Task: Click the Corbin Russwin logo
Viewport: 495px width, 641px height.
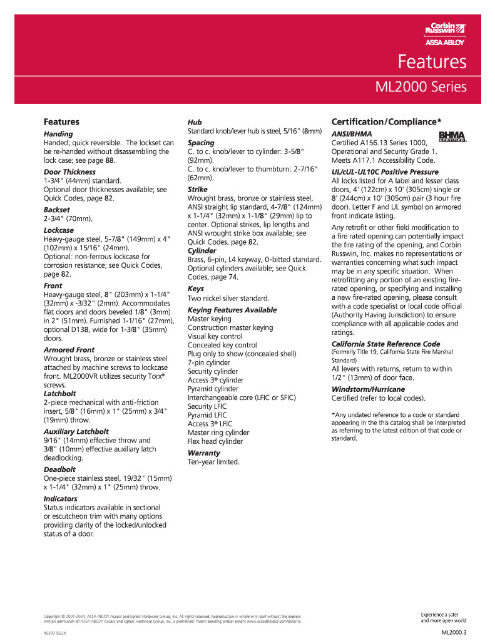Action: [445, 28]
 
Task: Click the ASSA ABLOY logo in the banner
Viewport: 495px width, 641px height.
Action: [446, 43]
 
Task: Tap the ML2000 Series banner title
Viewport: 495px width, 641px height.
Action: [421, 86]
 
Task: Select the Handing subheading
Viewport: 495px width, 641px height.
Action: [58, 134]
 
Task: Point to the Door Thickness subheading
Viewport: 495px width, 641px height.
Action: [69, 172]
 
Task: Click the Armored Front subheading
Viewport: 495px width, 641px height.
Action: [69, 349]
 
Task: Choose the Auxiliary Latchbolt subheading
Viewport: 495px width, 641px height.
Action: [76, 431]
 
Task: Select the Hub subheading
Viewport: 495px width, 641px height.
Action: [195, 122]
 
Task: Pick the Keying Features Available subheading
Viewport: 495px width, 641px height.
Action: [232, 310]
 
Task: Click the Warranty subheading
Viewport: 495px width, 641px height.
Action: [204, 452]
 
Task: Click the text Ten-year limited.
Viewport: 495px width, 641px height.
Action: [213, 462]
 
